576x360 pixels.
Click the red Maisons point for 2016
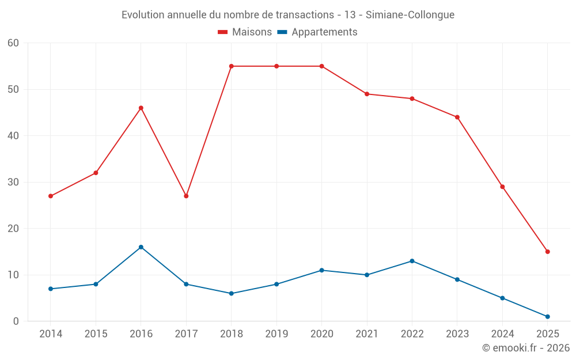pyautogui.click(x=141, y=108)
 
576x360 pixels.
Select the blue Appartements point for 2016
pyautogui.click(x=141, y=247)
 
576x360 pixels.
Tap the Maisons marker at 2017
pyautogui.click(x=186, y=196)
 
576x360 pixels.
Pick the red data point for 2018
pyautogui.click(x=232, y=66)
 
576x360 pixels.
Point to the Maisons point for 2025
pyautogui.click(x=548, y=252)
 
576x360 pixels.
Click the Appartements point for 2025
pyautogui.click(x=548, y=317)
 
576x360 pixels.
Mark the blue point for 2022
pyautogui.click(x=412, y=261)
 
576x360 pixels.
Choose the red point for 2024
pyautogui.click(x=502, y=187)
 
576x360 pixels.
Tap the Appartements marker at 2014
pyautogui.click(x=51, y=289)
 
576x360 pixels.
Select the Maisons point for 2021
pyautogui.click(x=367, y=94)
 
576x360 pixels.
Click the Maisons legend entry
pyautogui.click(x=245, y=32)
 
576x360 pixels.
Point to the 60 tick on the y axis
pyautogui.click(x=13, y=43)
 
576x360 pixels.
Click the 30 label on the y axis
pyautogui.click(x=13, y=182)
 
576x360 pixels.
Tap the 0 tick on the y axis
pyautogui.click(x=16, y=321)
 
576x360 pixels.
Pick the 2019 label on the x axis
pyautogui.click(x=276, y=334)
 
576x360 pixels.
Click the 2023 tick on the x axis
pyautogui.click(x=457, y=334)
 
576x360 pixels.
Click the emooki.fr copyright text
pyautogui.click(x=525, y=348)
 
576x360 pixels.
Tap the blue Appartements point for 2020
pyautogui.click(x=322, y=270)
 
